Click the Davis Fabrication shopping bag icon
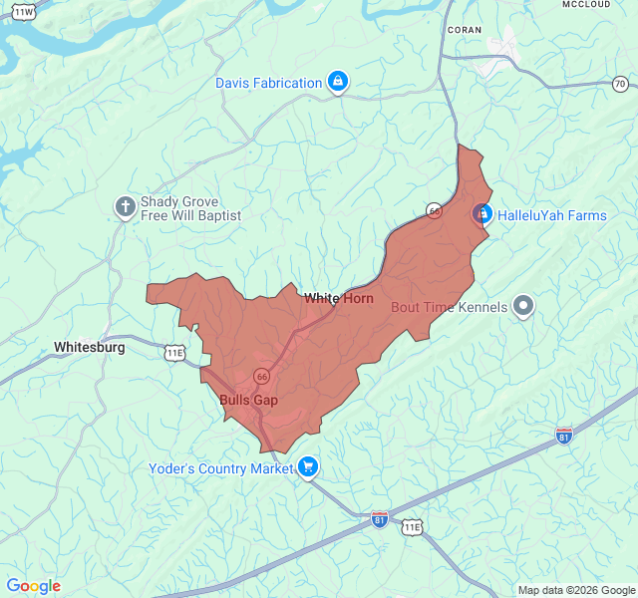click(x=338, y=83)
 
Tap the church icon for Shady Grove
click(x=126, y=207)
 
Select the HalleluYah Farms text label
click(x=551, y=215)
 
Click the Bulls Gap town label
click(x=248, y=400)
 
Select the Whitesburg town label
click(x=90, y=348)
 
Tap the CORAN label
click(x=465, y=30)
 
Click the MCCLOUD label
click(x=585, y=5)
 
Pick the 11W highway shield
click(x=24, y=11)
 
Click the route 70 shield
click(x=620, y=84)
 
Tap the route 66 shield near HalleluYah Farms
click(x=434, y=210)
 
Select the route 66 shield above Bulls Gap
click(x=261, y=376)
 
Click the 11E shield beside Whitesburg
click(x=174, y=353)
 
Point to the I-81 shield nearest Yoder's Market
click(x=379, y=518)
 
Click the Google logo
click(x=34, y=586)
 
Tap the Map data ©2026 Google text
click(x=575, y=590)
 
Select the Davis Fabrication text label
click(x=268, y=83)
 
